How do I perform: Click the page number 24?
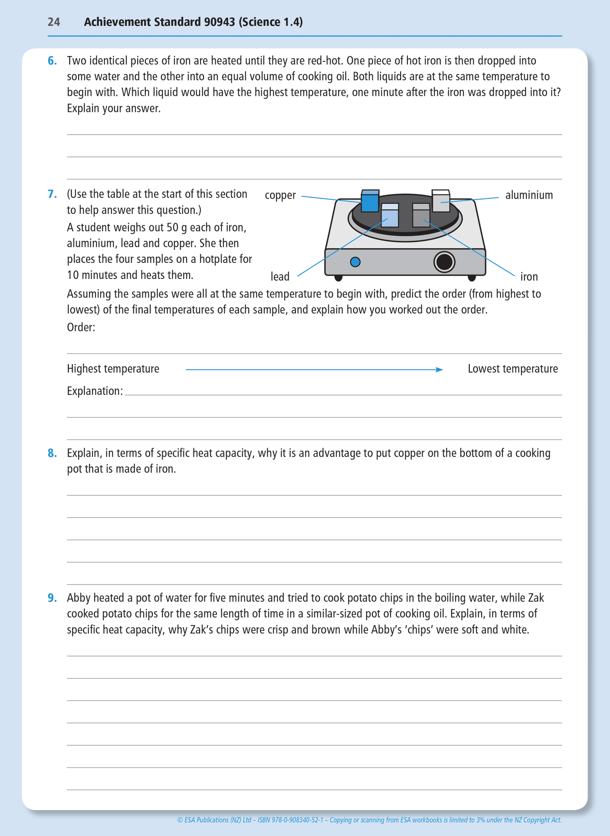(54, 22)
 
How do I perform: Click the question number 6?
(52, 61)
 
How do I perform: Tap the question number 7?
(52, 194)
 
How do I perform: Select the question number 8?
(52, 453)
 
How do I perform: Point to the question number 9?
(52, 598)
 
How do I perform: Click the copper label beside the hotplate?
(280, 195)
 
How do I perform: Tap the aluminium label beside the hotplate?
(529, 195)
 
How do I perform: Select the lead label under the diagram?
(280, 277)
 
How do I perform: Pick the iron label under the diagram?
(529, 277)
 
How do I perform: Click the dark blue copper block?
(370, 201)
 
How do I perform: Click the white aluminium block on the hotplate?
(441, 202)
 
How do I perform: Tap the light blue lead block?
(390, 216)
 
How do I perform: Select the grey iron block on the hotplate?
(421, 216)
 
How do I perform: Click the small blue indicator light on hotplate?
(355, 262)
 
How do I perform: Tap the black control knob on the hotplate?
(444, 262)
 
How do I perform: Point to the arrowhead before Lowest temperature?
(439, 370)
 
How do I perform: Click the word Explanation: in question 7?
(95, 391)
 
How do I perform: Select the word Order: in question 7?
(81, 327)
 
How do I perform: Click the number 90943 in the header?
(220, 22)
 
